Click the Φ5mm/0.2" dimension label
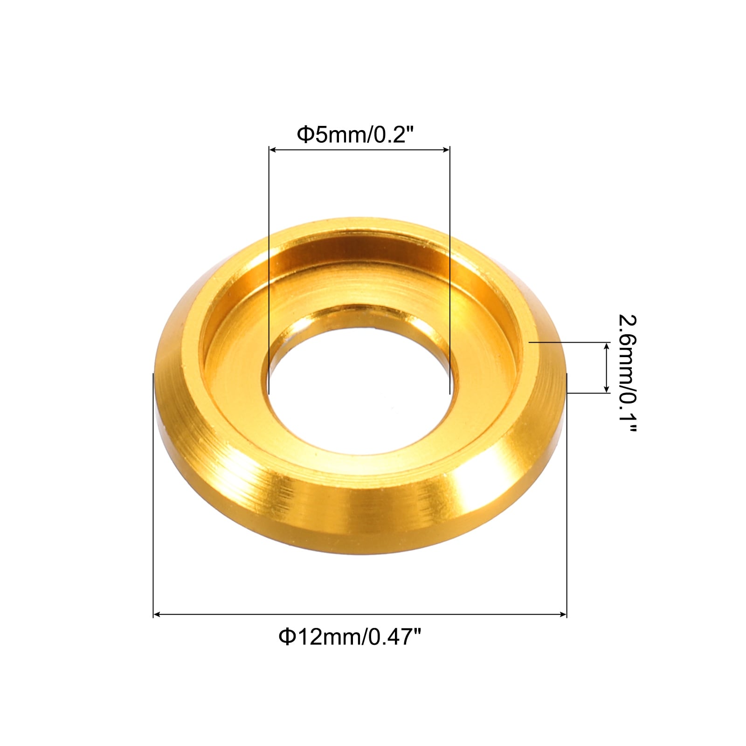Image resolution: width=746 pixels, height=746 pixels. tap(355, 135)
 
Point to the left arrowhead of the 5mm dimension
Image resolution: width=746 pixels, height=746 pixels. tap(273, 150)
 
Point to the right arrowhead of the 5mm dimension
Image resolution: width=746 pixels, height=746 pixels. tap(446, 150)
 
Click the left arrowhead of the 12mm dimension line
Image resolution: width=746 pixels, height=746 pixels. tap(157, 615)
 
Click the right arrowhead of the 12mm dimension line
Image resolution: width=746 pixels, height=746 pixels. tap(563, 615)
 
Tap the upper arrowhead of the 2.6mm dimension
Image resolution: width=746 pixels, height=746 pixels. tap(607, 346)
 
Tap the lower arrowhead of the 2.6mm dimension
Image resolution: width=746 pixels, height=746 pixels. tap(607, 389)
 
